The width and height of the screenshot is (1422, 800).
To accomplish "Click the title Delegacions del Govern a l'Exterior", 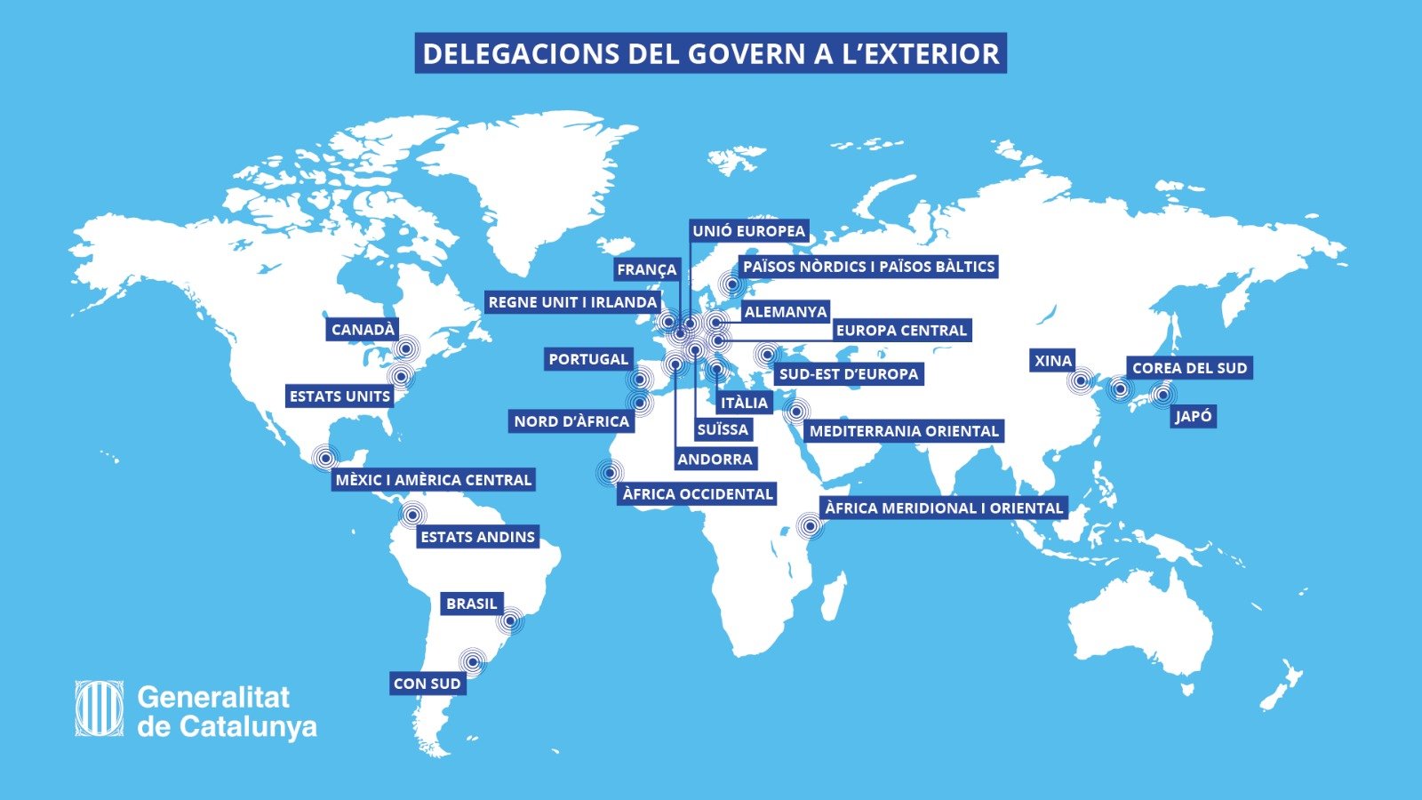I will pos(710,53).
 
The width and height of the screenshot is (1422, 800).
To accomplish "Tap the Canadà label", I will pos(363,330).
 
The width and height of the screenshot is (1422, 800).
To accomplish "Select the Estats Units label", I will pos(340,396).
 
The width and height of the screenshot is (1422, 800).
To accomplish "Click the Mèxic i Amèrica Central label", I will pos(433,480).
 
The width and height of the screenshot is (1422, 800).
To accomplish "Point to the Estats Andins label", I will pos(477,537).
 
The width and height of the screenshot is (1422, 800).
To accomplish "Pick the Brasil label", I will pos(471,604).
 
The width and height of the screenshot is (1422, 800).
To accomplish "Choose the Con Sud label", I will pos(427,684).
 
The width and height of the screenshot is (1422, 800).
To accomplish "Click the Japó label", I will pos(1193,416).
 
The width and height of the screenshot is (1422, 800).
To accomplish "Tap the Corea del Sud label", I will pos(1189,368).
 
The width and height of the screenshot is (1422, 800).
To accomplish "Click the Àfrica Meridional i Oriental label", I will pos(943,508).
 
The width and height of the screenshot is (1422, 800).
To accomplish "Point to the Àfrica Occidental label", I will pos(698,494).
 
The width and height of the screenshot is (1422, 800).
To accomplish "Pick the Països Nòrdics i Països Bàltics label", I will pos(868,267).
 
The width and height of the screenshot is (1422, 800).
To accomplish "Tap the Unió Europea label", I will pos(748,231).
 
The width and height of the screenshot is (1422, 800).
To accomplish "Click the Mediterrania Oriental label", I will pos(904,431).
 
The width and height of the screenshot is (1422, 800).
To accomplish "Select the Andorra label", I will pos(715,460).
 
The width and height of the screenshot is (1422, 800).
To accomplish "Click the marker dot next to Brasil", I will pos(511,621).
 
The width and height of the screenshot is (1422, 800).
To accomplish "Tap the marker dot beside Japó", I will pos(1162,394).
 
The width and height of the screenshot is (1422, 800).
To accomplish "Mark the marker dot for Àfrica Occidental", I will pos(610,472).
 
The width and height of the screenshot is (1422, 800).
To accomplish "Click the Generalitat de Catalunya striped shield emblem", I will pos(100,708).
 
